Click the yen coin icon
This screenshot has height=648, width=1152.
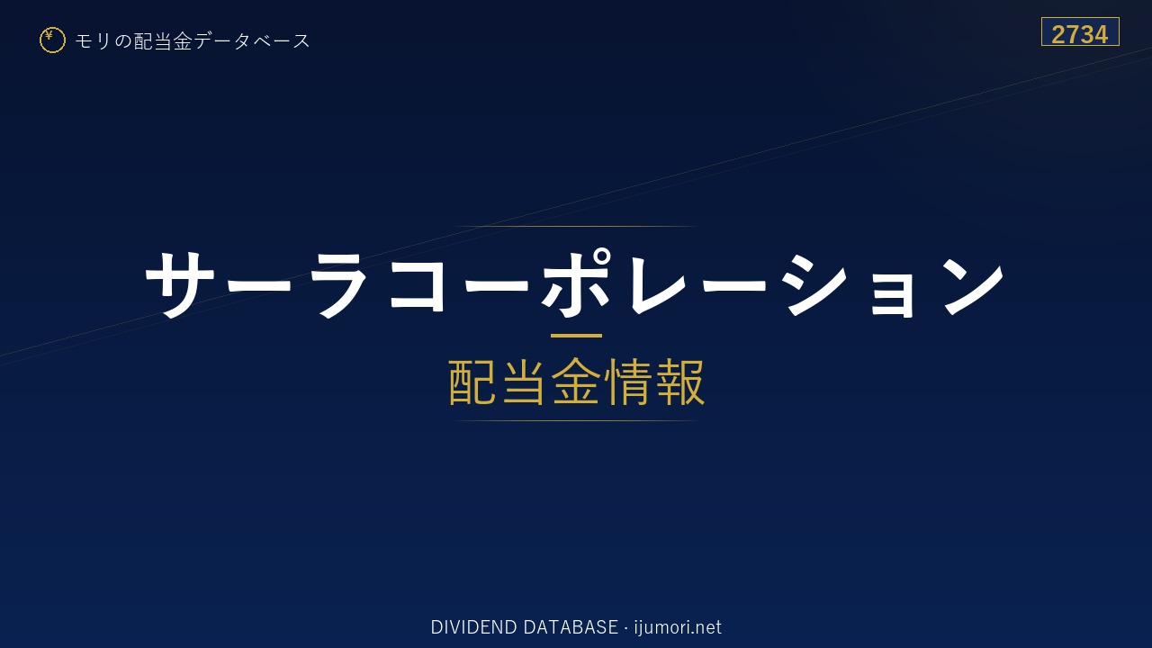pos(52,40)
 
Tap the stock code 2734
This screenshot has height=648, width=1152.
pos(1079,34)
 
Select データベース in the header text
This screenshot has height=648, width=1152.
pos(252,41)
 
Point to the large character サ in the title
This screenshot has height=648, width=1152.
pos(180,284)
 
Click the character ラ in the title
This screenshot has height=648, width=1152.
pos(339,285)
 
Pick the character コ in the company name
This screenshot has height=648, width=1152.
pos(417,284)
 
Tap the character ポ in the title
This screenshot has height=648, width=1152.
pos(576,283)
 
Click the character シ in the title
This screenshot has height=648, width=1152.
pos(814,284)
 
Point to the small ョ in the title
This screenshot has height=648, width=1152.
pos(892,293)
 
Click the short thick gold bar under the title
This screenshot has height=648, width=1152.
pos(576,336)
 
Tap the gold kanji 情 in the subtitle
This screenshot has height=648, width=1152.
pos(628,382)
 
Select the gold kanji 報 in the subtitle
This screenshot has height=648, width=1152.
pos(679,382)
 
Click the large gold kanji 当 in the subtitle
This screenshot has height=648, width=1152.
pos(524,382)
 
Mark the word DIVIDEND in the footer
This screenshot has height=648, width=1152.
pos(473,627)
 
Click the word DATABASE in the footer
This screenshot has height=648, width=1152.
pos(571,627)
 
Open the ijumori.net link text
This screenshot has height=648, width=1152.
pos(678,627)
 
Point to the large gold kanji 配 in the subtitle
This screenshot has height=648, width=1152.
pos(472,382)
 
